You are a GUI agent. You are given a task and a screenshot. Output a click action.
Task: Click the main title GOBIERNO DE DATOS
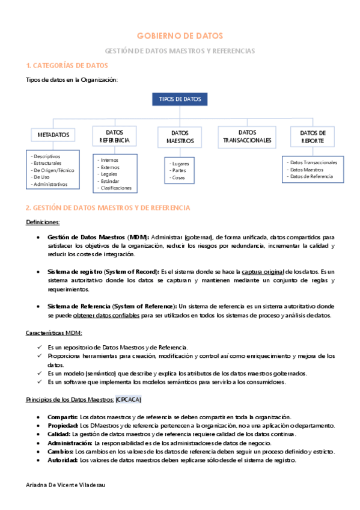(180, 36)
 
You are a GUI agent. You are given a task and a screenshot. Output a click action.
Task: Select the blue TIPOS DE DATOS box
(180, 99)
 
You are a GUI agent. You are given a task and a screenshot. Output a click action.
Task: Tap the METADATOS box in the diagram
(53, 135)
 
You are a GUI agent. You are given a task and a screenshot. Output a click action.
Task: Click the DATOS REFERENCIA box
(114, 135)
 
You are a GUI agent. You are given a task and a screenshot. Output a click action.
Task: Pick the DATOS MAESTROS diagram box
(180, 137)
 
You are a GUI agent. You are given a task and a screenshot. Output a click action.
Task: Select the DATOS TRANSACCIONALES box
(247, 136)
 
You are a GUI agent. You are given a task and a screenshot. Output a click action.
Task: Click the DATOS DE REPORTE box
(313, 136)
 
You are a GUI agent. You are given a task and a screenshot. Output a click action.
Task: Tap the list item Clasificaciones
(115, 188)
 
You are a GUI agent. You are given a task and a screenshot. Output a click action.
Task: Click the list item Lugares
(179, 163)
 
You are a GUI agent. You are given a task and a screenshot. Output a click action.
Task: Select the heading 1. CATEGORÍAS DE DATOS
(67, 65)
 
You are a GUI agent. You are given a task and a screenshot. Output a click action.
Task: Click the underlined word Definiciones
(42, 222)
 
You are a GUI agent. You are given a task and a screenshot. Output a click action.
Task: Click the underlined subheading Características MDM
(54, 333)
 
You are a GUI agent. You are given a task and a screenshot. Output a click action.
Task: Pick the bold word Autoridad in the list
(63, 459)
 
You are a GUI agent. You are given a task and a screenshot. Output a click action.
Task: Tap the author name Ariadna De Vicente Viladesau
(66, 485)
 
